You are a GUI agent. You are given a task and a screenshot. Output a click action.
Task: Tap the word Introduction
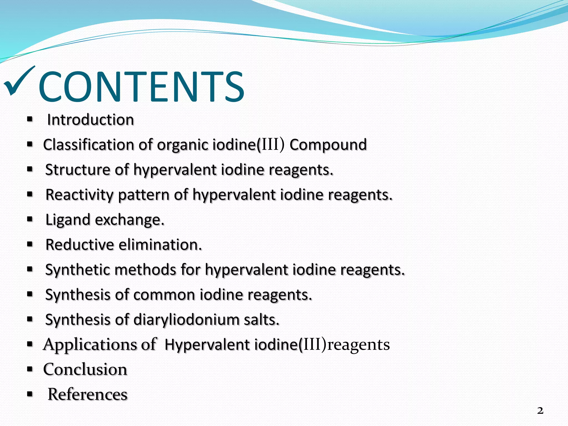[90, 120]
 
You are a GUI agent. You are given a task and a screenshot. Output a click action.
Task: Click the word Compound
[328, 145]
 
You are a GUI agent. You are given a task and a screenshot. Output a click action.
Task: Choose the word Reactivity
[79, 195]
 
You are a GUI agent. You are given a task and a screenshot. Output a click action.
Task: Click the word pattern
[144, 195]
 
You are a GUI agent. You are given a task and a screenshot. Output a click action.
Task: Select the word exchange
[130, 220]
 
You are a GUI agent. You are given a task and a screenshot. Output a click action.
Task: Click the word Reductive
[80, 245]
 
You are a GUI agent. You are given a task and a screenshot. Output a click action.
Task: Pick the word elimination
[160, 245]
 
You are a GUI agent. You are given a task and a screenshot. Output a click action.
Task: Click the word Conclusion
[85, 369]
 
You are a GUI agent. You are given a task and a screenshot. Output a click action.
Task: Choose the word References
[87, 394]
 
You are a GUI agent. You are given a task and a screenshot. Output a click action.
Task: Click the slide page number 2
[540, 410]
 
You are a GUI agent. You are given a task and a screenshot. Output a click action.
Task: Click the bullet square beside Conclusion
[30, 369]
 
